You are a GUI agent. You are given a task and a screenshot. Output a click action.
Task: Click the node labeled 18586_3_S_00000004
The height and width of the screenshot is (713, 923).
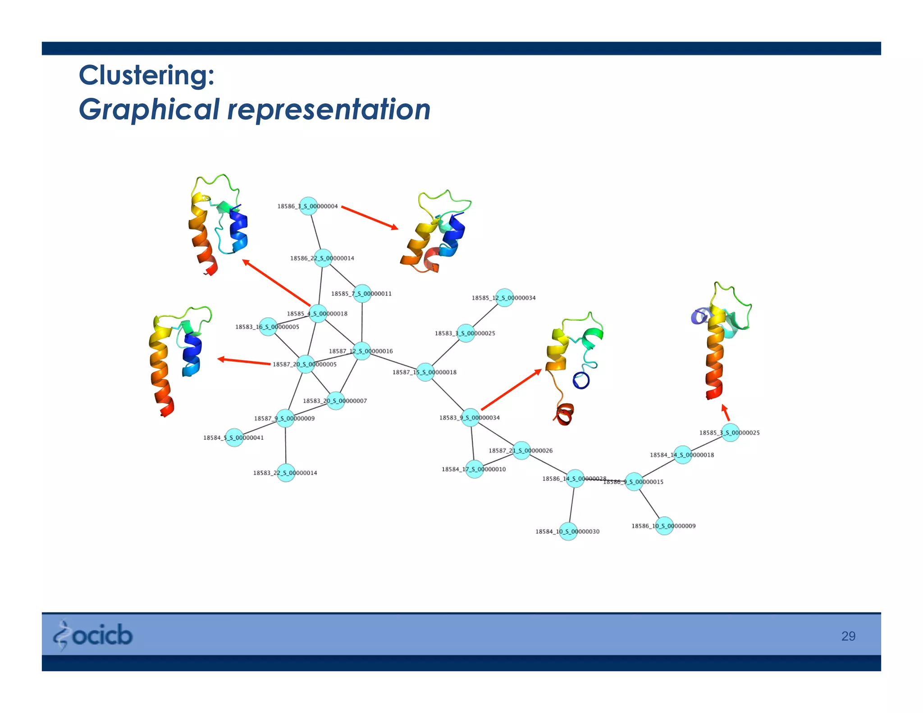click(x=309, y=206)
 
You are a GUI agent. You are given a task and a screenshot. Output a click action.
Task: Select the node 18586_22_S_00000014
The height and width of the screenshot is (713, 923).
click(x=323, y=258)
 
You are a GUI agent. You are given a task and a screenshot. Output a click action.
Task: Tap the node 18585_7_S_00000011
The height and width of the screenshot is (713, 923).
click(x=362, y=293)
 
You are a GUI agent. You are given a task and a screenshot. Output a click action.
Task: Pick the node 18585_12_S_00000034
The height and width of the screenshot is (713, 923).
click(x=504, y=297)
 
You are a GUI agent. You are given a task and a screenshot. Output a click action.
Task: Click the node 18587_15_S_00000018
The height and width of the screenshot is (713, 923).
click(x=425, y=372)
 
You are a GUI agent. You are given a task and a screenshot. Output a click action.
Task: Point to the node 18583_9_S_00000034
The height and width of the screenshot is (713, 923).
click(x=471, y=417)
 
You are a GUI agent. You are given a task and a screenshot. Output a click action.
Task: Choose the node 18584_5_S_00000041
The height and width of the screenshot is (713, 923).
click(x=234, y=437)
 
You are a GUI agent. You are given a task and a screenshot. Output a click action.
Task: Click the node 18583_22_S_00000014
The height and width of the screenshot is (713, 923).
click(x=286, y=473)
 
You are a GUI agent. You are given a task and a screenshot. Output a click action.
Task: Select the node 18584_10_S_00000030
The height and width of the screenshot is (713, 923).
click(x=568, y=531)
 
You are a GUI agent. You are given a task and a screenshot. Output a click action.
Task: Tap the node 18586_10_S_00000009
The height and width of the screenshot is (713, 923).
click(x=664, y=526)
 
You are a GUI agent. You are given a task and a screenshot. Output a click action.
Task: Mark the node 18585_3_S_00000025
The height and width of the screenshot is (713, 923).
click(x=730, y=432)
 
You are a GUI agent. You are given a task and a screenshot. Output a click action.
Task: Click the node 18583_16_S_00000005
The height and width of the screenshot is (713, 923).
click(x=268, y=326)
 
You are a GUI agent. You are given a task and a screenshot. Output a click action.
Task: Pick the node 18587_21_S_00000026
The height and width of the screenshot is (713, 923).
click(x=521, y=450)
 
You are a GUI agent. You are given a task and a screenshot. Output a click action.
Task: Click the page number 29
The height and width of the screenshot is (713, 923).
click(x=848, y=636)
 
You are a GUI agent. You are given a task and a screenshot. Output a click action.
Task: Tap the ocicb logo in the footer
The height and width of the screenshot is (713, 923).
click(x=93, y=635)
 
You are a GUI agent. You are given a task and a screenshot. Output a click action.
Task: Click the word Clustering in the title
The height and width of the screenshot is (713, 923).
click(x=146, y=75)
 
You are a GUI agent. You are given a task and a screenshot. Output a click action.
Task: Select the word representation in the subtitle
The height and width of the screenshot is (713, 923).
click(x=329, y=110)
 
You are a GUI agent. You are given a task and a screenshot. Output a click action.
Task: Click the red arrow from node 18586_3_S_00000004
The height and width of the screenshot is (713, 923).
click(x=370, y=218)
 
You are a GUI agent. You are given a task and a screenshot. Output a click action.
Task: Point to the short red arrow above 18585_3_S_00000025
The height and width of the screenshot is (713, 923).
click(x=725, y=412)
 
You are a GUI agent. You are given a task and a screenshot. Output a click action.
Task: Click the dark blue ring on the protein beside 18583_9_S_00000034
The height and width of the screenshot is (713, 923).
click(x=581, y=380)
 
